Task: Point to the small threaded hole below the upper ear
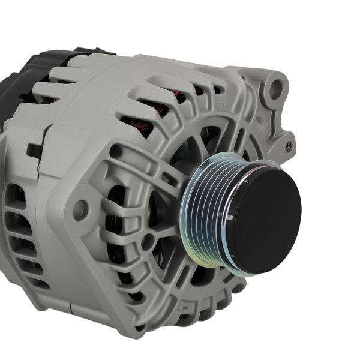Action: [x=289, y=145]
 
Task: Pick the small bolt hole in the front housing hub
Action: [x=146, y=241]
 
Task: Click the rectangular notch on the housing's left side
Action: [x=34, y=151]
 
